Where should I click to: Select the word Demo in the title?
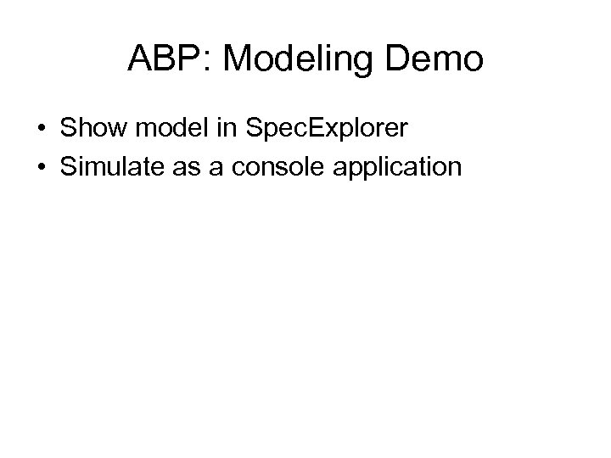tap(436, 60)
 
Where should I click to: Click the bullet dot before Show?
tap(42, 130)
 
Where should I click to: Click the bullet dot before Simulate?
tap(42, 167)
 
